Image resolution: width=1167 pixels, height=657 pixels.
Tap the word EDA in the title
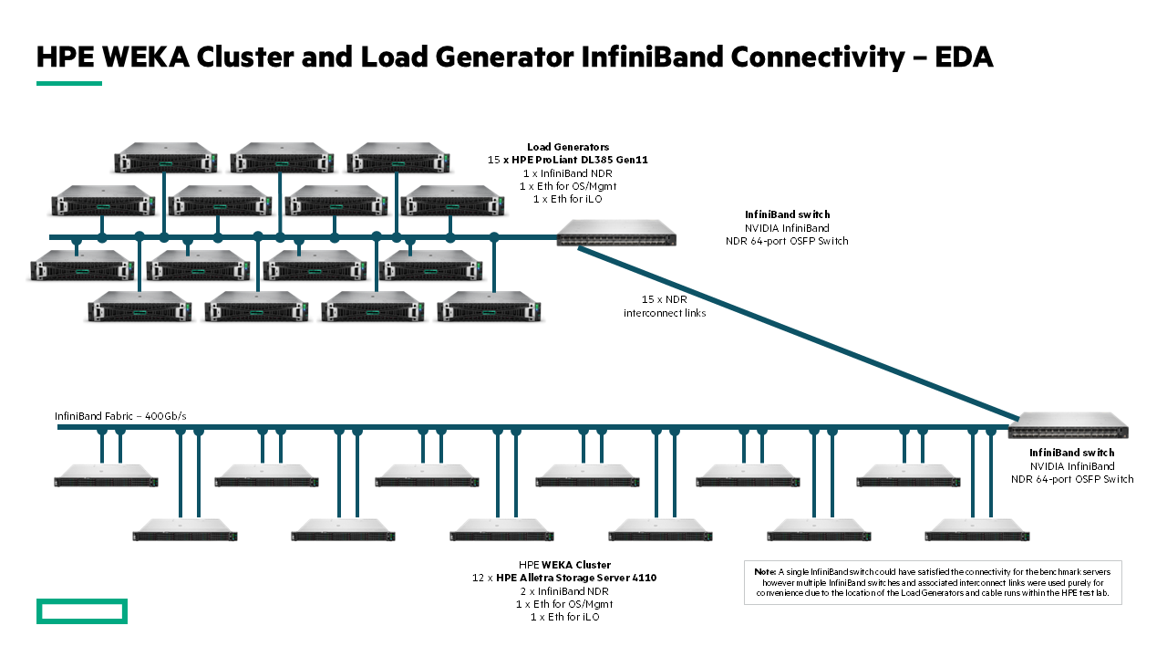(x=964, y=57)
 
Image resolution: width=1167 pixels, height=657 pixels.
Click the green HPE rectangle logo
(x=81, y=611)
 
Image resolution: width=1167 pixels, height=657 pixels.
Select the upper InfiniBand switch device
(x=616, y=233)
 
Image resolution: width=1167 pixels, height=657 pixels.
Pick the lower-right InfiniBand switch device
(x=1068, y=425)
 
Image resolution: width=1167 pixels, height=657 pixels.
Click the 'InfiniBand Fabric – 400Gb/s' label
(x=120, y=416)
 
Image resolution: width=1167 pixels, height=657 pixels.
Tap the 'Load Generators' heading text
(x=568, y=147)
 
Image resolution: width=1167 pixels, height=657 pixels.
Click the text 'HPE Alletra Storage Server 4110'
(x=576, y=578)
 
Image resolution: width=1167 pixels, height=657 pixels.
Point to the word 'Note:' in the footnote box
(x=765, y=571)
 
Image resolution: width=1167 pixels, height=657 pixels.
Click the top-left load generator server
(x=165, y=157)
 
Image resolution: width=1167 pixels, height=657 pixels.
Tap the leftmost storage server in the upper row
(x=106, y=475)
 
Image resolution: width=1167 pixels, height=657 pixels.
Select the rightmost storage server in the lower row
(x=976, y=530)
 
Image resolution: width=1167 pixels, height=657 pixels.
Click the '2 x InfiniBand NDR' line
(x=565, y=591)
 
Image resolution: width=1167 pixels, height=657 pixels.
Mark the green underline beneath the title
(x=69, y=83)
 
